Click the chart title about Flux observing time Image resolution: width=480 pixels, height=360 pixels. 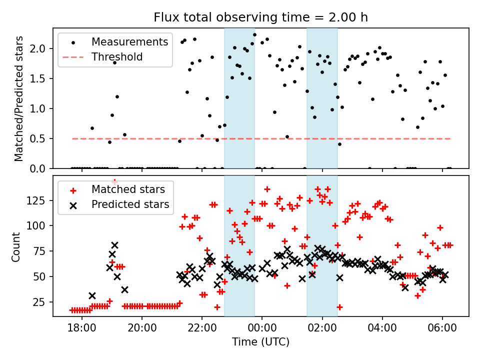point(260,18)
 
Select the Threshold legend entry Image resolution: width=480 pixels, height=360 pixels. point(117,56)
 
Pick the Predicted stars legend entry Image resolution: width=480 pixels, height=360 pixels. point(130,204)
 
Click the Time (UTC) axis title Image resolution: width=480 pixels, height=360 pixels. point(260,342)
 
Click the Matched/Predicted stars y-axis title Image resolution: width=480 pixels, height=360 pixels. point(19,98)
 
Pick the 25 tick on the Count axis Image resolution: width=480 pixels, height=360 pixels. point(42,302)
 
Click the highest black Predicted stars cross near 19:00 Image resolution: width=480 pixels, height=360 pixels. point(114,245)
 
